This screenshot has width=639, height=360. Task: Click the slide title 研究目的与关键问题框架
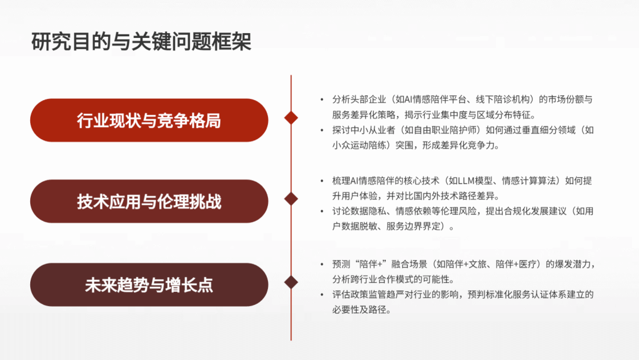point(141,41)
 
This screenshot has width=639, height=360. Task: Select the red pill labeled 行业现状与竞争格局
point(149,120)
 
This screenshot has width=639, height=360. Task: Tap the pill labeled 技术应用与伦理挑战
point(149,201)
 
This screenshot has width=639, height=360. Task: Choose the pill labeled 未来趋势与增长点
point(149,285)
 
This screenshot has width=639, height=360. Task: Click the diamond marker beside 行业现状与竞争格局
point(291,118)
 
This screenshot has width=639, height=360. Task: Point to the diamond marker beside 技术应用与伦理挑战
point(291,199)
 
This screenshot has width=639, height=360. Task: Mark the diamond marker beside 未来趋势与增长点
point(291,282)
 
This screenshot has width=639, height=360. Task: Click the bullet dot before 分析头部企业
point(322,99)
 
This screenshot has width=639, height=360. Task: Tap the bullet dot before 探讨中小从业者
point(322,130)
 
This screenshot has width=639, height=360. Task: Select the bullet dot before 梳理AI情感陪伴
point(322,181)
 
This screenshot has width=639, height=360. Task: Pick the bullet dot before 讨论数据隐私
point(322,211)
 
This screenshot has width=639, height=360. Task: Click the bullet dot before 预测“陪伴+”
point(322,264)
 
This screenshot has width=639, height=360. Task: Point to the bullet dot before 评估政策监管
point(322,294)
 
